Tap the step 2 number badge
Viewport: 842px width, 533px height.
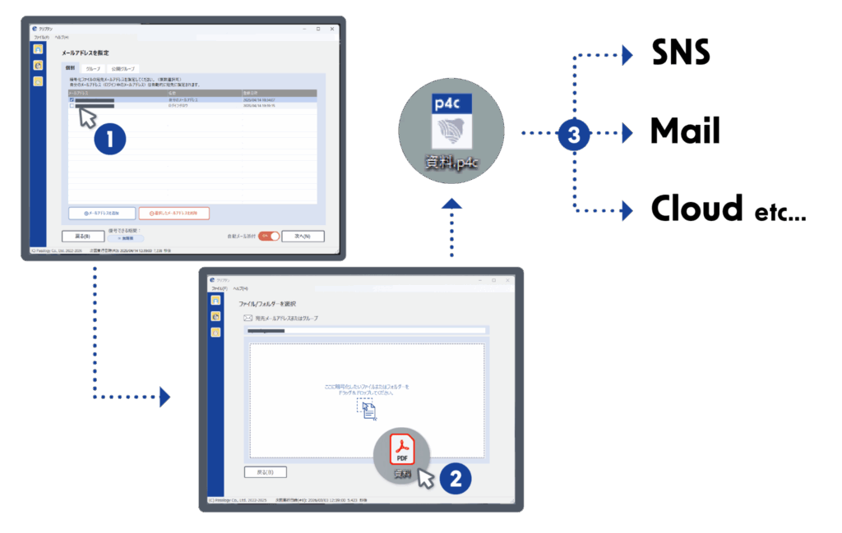click(x=455, y=477)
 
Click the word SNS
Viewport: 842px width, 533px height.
click(x=681, y=53)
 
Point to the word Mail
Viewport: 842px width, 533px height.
click(x=684, y=131)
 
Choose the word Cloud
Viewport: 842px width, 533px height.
click(x=696, y=209)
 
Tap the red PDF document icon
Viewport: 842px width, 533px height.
click(x=402, y=450)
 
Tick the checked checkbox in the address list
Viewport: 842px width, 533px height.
click(x=72, y=100)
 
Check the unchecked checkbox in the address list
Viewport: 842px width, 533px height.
click(x=72, y=106)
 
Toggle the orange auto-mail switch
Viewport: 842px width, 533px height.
click(x=269, y=236)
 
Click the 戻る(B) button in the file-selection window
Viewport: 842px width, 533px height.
click(x=265, y=471)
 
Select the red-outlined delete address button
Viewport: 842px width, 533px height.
click(x=173, y=213)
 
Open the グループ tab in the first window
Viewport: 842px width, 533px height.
click(x=94, y=68)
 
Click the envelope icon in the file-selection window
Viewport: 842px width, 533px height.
click(x=248, y=317)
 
